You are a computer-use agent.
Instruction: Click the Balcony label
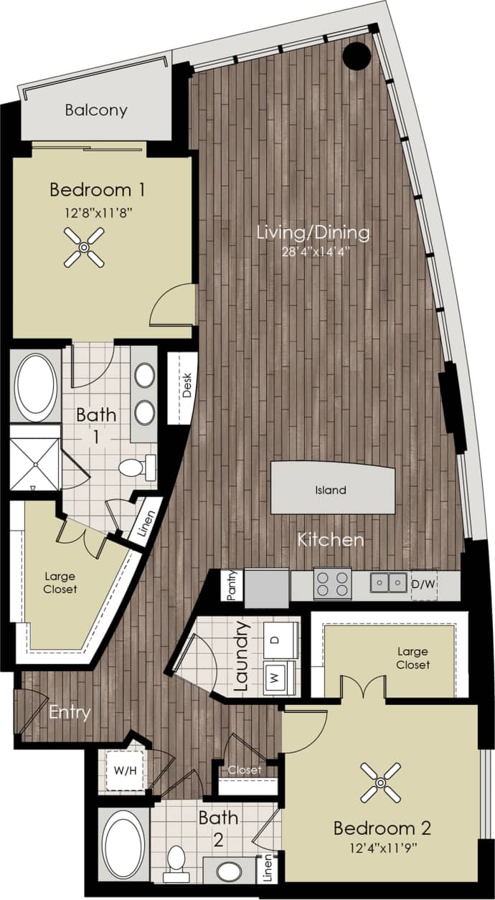(96, 110)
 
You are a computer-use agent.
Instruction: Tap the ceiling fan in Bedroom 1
(84, 247)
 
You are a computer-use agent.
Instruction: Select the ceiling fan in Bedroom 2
(380, 782)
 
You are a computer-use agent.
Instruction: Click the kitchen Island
(332, 491)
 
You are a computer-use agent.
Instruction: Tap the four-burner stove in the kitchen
(332, 582)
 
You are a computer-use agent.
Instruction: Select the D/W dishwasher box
(423, 584)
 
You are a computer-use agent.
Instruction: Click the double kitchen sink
(389, 582)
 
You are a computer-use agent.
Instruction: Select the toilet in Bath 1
(137, 468)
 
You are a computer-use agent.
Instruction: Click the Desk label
(187, 387)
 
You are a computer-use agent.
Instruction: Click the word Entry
(70, 713)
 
